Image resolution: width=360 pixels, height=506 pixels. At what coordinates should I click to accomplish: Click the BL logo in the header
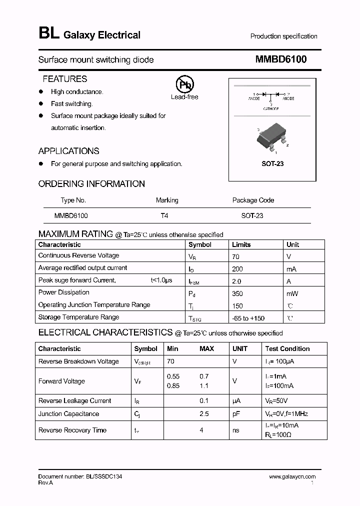coord(48,34)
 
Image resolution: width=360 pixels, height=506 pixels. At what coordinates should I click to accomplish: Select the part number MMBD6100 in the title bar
coord(281,59)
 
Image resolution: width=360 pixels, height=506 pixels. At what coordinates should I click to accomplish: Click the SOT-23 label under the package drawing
coord(272,163)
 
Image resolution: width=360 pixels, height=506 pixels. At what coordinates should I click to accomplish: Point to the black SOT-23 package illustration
coord(271,137)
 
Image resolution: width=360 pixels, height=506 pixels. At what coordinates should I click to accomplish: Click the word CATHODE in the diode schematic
coord(271,108)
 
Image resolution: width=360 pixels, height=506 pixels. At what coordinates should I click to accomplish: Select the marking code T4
coord(164,216)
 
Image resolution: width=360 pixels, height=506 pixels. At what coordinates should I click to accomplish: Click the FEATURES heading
coord(64,79)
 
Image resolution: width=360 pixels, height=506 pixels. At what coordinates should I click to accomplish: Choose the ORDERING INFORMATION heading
coord(91,184)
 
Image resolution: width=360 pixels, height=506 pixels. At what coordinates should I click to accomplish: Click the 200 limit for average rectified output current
coord(237,268)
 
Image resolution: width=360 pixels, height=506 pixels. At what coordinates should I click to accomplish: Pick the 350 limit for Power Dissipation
coord(237,293)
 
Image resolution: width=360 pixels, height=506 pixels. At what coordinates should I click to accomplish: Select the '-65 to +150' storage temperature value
coord(248,318)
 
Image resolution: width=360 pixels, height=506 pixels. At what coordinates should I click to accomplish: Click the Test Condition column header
coord(287,348)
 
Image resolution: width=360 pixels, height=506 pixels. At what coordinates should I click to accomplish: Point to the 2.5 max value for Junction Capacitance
coord(204,414)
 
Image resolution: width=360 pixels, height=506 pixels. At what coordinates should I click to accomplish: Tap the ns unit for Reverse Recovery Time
coord(236,430)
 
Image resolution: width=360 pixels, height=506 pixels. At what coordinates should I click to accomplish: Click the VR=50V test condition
coord(276,401)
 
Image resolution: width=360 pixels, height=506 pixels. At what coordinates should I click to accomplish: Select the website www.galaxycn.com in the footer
coord(292,477)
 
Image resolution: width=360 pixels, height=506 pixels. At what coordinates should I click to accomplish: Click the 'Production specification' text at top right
coord(283,36)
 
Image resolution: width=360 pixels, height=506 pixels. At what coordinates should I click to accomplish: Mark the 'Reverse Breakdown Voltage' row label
coord(78,361)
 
